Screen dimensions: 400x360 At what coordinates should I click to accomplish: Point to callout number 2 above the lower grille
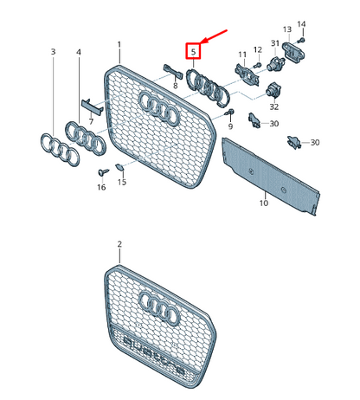coord(119,246)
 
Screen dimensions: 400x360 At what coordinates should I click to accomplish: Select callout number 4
coord(79,53)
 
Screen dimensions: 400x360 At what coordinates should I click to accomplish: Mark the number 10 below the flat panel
coord(263,203)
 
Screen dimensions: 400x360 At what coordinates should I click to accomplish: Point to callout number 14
coord(302,23)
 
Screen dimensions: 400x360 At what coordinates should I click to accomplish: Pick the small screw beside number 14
coord(302,39)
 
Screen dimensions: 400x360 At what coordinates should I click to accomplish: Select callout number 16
coord(101,186)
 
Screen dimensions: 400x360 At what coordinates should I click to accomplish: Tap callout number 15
coord(121,182)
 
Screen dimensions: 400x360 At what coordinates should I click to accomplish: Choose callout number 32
coord(274,107)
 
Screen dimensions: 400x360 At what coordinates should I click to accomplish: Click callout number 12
coord(257,49)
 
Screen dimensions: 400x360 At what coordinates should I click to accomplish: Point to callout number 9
coord(231,127)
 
